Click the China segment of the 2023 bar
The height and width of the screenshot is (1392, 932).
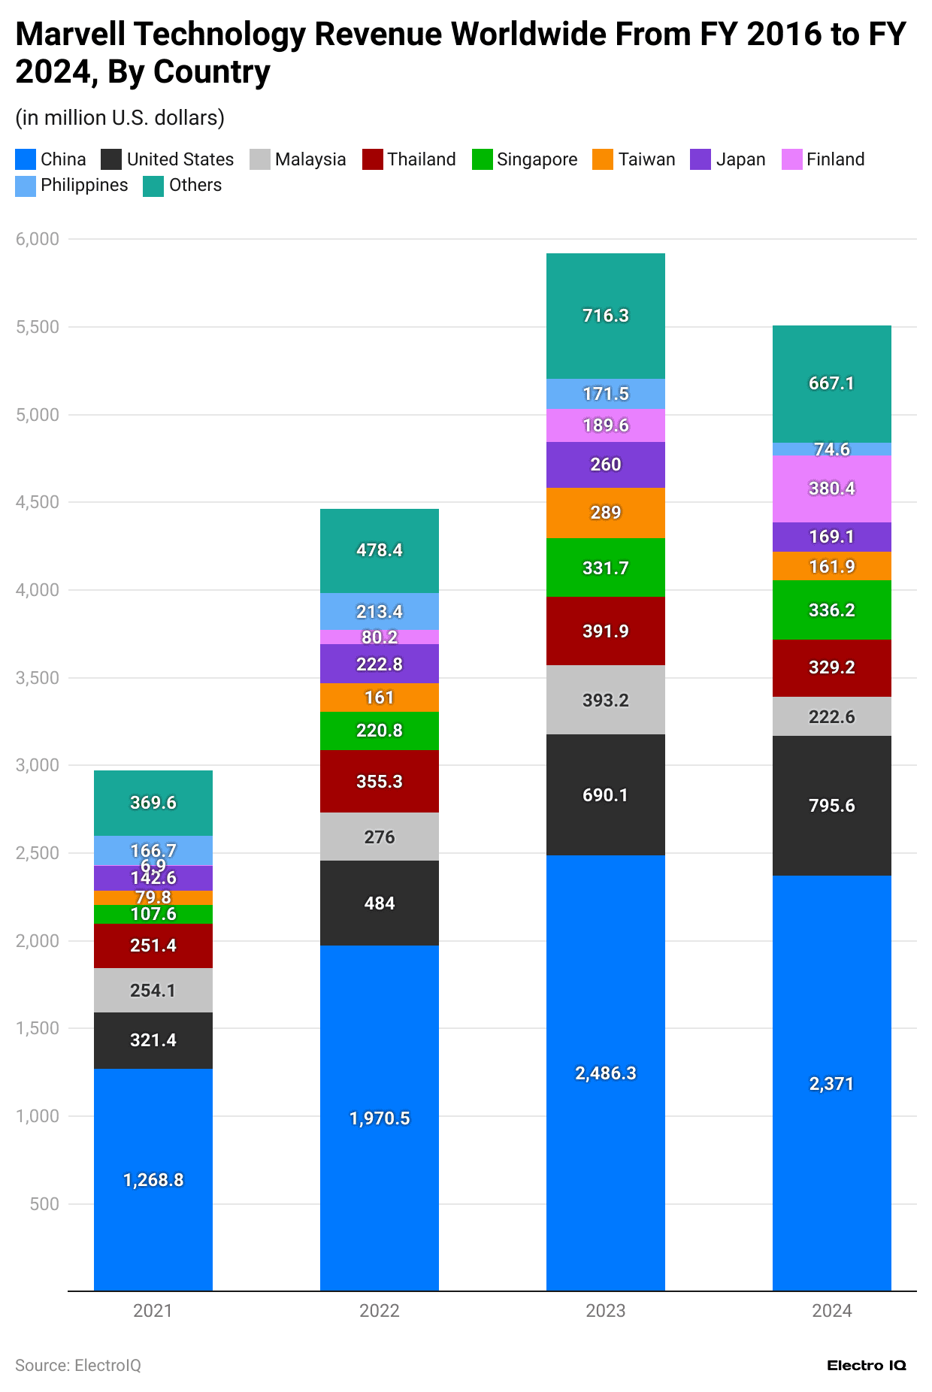(x=605, y=1073)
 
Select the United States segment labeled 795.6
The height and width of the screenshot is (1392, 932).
(x=831, y=805)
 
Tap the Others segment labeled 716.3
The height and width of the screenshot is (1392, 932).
(x=605, y=316)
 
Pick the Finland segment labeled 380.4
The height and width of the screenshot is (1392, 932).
(x=831, y=489)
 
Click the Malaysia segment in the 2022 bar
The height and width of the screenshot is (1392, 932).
(x=379, y=837)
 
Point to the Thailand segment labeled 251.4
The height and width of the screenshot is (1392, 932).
(x=153, y=946)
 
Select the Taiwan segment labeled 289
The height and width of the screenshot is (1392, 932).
(x=605, y=513)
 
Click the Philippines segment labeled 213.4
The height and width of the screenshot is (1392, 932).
(x=379, y=611)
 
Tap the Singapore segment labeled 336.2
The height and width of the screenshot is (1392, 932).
(x=831, y=610)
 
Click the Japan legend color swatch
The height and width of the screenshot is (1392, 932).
(x=701, y=159)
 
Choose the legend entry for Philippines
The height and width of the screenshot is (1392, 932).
(x=72, y=186)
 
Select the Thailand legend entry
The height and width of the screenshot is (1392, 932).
(x=410, y=159)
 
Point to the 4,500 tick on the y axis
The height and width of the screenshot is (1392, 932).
(x=37, y=502)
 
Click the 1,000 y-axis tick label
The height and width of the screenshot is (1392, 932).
(x=37, y=1116)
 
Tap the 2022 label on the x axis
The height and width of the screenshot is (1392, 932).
(x=379, y=1312)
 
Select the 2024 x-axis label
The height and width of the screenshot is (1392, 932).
(x=831, y=1312)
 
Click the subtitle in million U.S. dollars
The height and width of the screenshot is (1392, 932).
(x=120, y=118)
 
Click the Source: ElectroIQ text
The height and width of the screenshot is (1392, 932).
(x=78, y=1366)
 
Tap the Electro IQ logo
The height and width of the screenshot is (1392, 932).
(x=866, y=1365)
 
